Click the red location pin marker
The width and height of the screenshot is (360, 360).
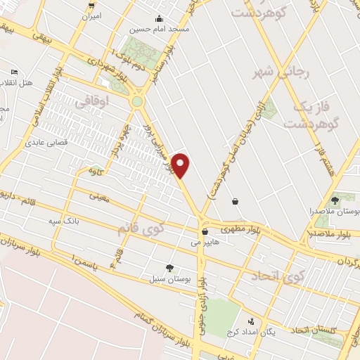[181, 165]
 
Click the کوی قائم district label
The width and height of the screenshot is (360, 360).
[138, 229]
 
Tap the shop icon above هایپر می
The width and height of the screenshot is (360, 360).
[205, 231]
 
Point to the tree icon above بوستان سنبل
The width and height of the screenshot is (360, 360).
[169, 267]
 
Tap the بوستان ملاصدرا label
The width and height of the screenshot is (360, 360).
[337, 211]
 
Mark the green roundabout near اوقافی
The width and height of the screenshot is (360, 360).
[136, 101]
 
